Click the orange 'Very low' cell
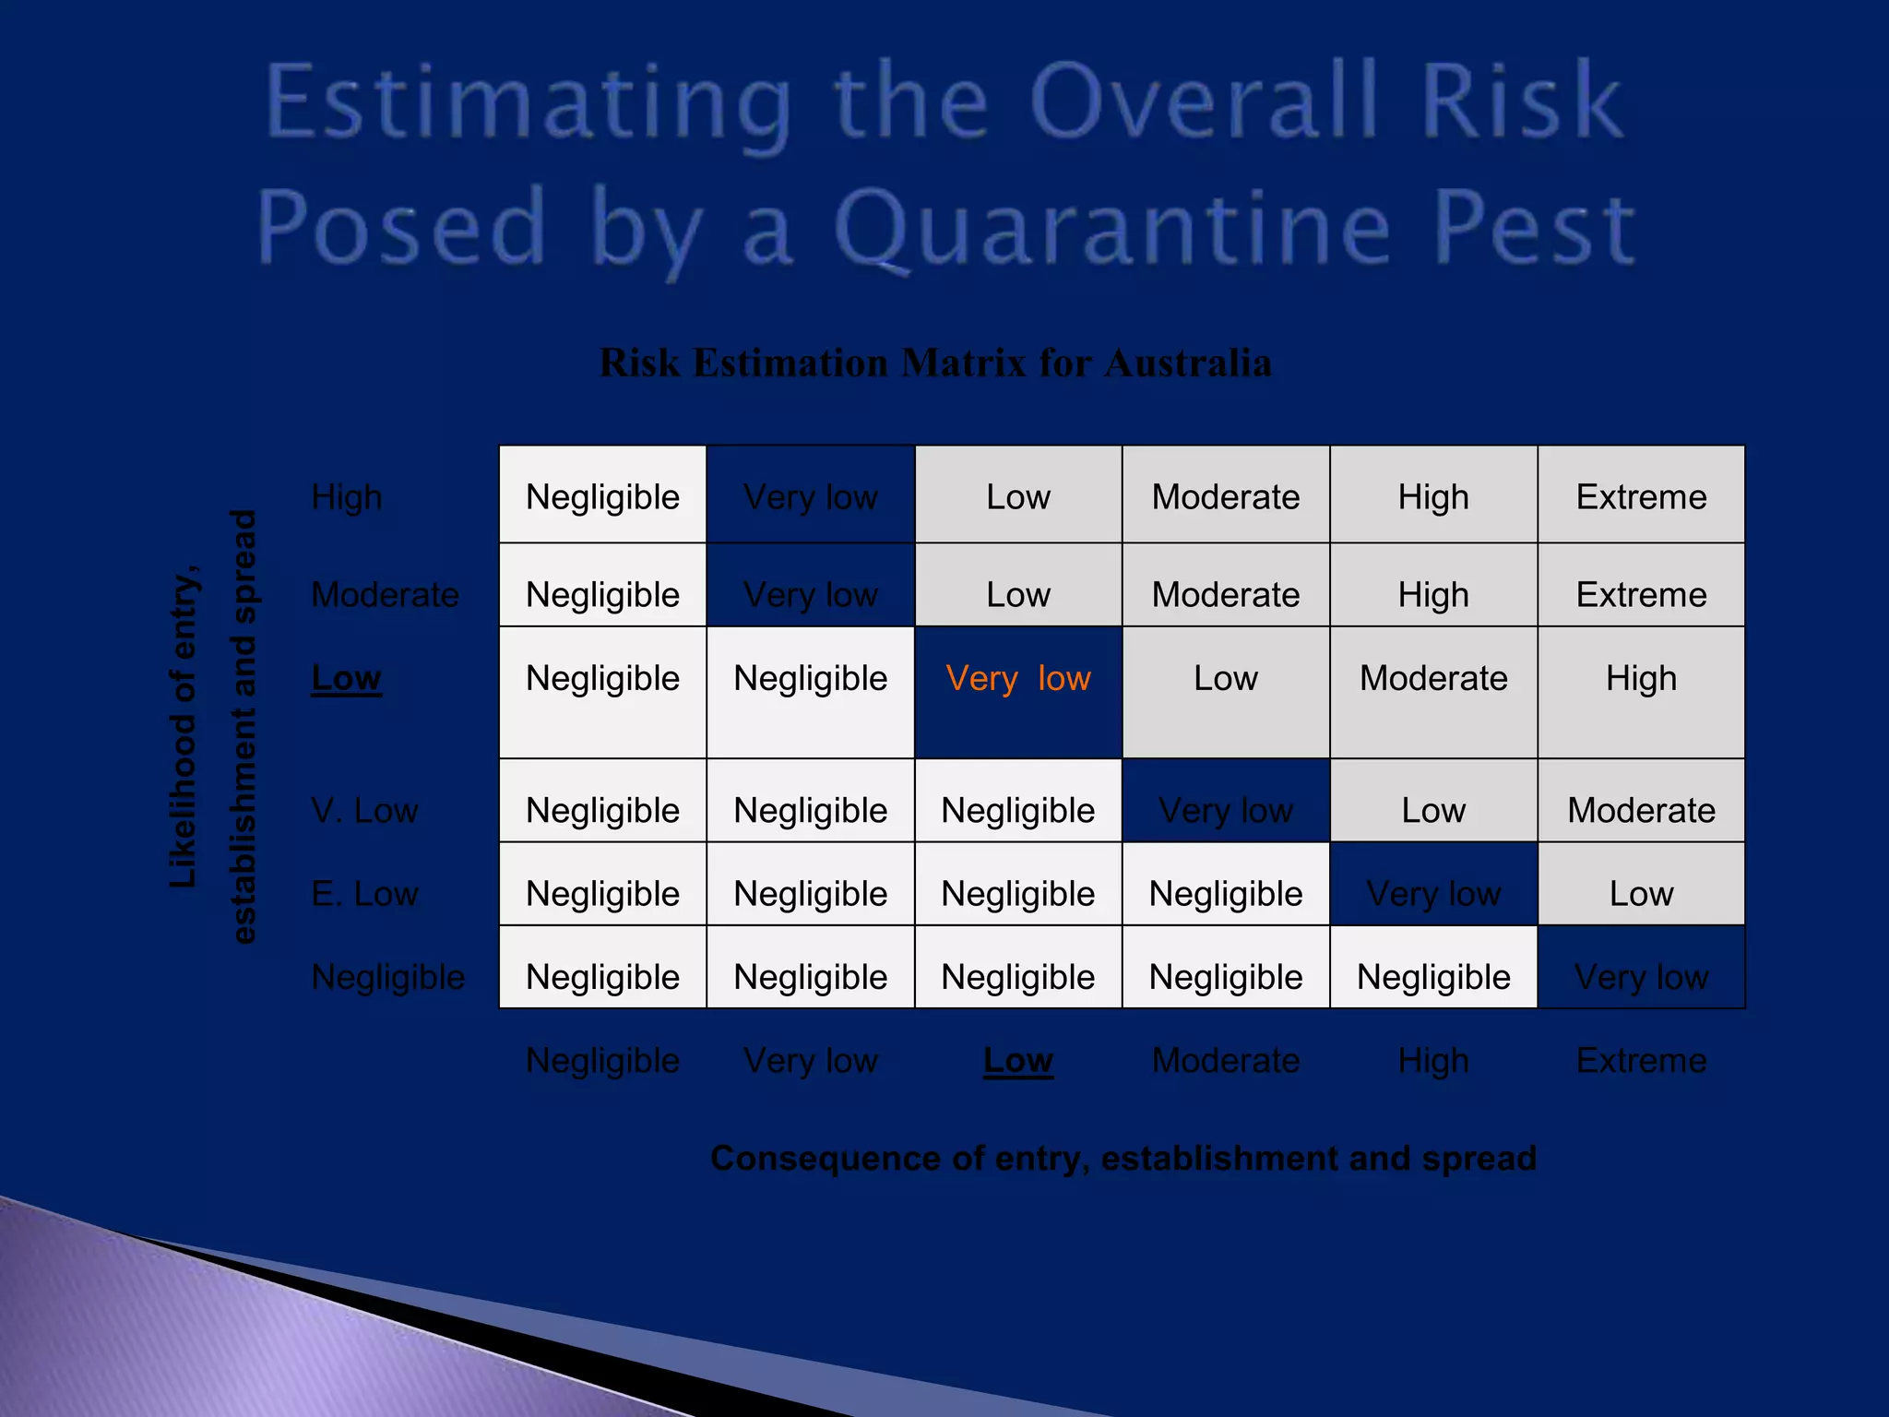(x=1017, y=679)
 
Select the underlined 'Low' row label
(x=346, y=678)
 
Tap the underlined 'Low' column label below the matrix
(x=1017, y=1060)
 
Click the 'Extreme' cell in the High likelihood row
(x=1641, y=497)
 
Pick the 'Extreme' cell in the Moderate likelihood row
(x=1641, y=594)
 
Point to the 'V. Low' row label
(x=364, y=811)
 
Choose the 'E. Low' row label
(x=364, y=894)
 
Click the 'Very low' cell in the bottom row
(x=1641, y=977)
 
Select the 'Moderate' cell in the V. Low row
(x=1641, y=811)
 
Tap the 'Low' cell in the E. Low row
(x=1641, y=894)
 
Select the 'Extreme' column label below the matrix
(x=1641, y=1060)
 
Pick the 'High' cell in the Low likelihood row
(x=1641, y=679)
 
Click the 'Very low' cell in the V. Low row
(x=1225, y=811)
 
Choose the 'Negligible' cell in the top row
(x=602, y=497)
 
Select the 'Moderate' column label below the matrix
(x=1225, y=1060)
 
